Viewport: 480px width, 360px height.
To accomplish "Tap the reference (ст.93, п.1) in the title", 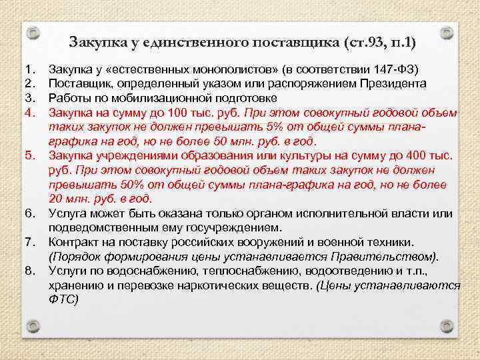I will click(379, 44).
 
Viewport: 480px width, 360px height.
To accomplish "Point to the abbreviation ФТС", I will click(64, 299).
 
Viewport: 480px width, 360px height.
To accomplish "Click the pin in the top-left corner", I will click(37, 32).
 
